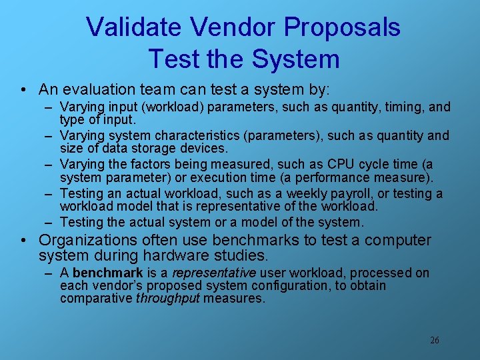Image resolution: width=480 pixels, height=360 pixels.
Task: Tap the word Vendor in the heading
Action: tap(233, 27)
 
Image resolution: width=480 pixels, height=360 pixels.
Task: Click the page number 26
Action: tap(435, 340)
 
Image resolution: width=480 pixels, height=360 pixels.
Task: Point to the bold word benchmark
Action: tap(107, 273)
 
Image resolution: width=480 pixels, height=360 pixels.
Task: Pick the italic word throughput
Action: tap(167, 298)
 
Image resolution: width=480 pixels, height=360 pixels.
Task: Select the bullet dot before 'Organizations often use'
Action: tap(23, 241)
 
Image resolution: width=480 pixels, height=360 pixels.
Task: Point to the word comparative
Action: tap(96, 298)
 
